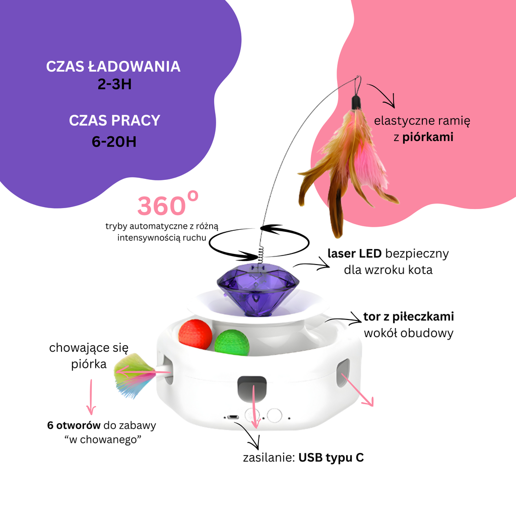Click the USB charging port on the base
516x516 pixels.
click(233, 417)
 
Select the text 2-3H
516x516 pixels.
click(114, 84)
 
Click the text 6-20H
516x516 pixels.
click(114, 142)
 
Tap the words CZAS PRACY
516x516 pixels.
click(114, 121)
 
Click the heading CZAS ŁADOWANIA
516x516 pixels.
click(113, 67)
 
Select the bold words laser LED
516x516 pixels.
click(354, 253)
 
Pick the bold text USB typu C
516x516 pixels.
click(331, 458)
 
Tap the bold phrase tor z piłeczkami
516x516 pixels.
click(408, 316)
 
